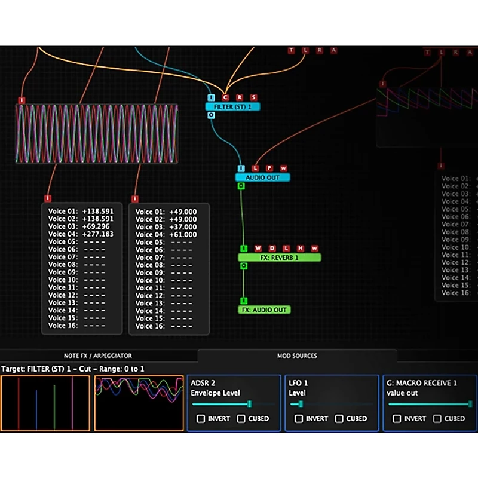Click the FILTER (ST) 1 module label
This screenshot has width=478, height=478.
(232, 107)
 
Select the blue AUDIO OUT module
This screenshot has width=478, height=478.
(262, 177)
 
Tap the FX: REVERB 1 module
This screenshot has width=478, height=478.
(279, 258)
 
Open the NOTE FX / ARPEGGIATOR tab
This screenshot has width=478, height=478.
(99, 356)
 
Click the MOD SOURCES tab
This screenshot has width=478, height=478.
(297, 356)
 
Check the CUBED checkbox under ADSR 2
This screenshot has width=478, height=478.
(241, 419)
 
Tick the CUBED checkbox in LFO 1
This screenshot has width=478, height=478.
(339, 419)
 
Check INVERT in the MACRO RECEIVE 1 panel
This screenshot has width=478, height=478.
(397, 419)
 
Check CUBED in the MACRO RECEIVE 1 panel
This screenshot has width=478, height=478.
(437, 419)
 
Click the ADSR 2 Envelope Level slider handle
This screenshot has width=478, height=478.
(249, 405)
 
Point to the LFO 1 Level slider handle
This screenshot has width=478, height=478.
(300, 405)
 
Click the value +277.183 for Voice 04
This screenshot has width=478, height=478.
(97, 234)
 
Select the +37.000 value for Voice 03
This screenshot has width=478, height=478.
(183, 227)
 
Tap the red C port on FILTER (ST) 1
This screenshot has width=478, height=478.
(225, 97)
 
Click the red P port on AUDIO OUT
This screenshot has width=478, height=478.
(269, 168)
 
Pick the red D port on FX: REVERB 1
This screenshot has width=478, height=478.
(272, 249)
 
